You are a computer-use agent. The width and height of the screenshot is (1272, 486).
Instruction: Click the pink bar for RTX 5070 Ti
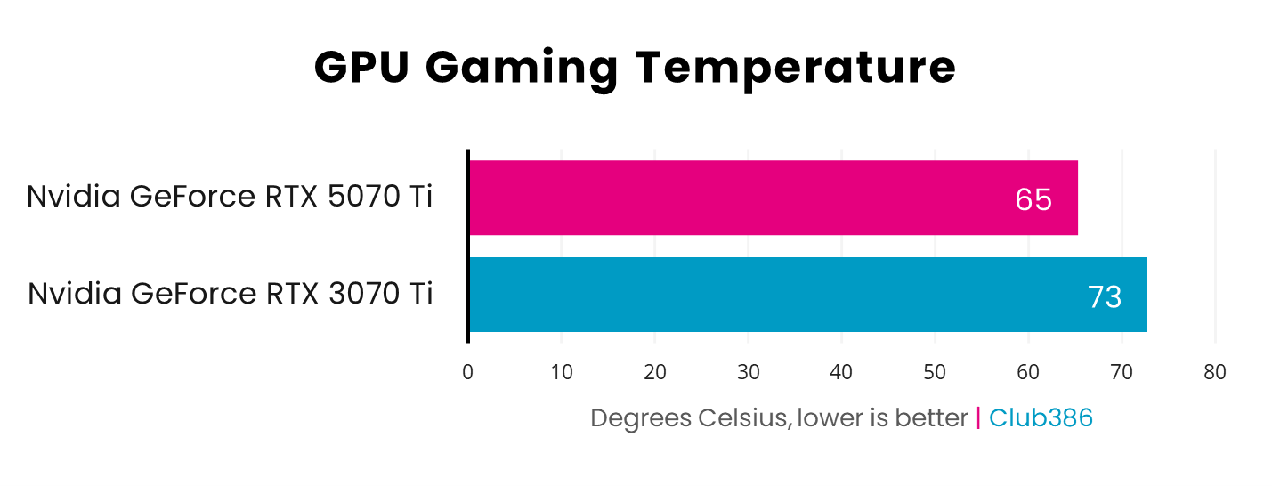coord(773,198)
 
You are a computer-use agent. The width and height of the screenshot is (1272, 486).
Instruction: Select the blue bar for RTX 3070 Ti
coord(807,295)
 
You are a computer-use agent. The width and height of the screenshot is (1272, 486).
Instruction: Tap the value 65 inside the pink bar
coord(1033,199)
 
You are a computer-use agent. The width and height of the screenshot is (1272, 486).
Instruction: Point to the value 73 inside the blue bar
coord(1105,296)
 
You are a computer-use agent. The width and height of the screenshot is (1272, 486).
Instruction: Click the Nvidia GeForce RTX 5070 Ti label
coord(230,196)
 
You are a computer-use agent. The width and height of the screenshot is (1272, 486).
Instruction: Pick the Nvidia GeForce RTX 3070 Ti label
coord(230,293)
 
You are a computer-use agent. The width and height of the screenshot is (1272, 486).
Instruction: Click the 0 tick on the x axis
coord(468,372)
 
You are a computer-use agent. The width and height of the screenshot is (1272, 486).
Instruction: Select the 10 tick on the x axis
coord(562,372)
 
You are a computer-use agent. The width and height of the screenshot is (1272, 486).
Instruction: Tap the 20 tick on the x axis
coord(655,372)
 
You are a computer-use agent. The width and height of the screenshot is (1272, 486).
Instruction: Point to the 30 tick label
coord(749,372)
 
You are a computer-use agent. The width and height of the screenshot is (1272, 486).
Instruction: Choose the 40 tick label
coord(842,372)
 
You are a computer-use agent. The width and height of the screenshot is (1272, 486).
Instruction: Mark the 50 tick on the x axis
coord(935,372)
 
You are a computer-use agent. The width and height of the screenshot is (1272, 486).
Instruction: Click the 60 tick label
coord(1028,372)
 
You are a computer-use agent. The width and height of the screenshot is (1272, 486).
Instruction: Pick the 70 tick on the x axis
coord(1122,372)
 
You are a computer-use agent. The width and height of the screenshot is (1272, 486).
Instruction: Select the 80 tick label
coord(1215,372)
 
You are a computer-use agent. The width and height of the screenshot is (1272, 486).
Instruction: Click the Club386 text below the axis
coord(1041,417)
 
